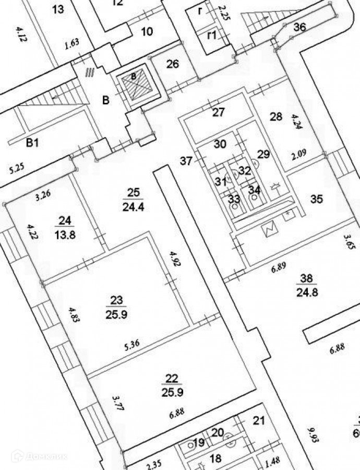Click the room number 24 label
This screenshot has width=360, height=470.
point(65,221)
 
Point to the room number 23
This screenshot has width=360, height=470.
point(116,300)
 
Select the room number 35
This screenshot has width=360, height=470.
point(317,199)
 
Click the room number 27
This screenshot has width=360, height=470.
point(218,113)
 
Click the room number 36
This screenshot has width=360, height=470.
point(299,28)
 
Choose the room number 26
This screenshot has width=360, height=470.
point(172,64)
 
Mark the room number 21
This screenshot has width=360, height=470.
point(259,420)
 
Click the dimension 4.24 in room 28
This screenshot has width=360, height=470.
point(296,124)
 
